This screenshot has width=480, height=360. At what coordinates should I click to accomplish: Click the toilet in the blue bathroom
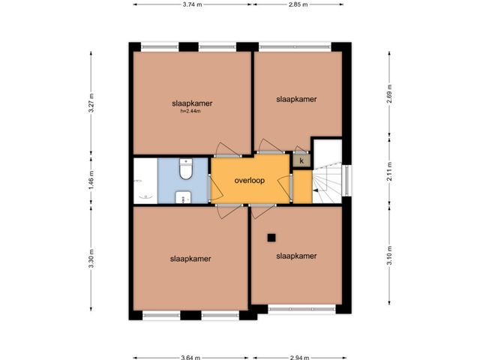point(185,169)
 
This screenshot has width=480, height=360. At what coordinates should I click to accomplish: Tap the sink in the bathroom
point(183,197)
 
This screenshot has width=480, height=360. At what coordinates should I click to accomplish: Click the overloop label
point(250,180)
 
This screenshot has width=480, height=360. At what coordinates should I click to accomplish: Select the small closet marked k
point(301,160)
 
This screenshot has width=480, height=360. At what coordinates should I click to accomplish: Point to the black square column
point(271,238)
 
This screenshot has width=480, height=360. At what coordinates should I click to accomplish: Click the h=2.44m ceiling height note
point(190,111)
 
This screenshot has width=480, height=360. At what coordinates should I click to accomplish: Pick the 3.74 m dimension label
point(192,4)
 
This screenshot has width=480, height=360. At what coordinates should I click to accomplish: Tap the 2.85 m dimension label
point(298,4)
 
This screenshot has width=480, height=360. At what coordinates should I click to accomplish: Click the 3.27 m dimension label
point(91,103)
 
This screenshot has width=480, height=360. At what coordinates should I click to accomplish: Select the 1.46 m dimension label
point(91,180)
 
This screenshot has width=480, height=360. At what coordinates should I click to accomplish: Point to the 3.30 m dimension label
point(91,259)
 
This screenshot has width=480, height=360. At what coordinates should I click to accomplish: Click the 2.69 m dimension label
point(389,94)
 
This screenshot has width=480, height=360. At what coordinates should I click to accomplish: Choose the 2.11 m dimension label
point(389,171)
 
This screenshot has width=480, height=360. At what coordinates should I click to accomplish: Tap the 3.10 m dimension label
point(389,256)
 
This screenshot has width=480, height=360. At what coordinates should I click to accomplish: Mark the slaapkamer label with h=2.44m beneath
point(192,103)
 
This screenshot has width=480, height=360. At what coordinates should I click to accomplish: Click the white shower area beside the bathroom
point(145,181)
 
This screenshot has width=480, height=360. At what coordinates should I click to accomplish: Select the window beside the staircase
point(346,181)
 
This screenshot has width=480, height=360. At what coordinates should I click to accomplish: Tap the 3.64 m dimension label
point(190,357)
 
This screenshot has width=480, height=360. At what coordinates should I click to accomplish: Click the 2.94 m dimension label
point(299,357)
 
